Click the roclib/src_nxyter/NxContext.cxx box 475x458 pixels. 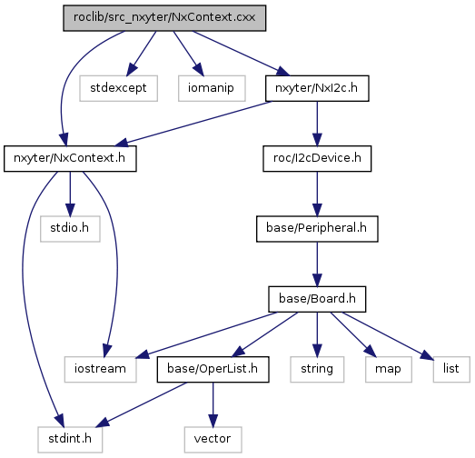164,18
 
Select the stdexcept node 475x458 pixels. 118,88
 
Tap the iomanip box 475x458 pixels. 212,88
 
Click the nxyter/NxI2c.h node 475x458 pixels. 317,88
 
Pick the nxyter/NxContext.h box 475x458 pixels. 70,158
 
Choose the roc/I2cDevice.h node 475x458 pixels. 317,158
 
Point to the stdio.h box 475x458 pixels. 70,229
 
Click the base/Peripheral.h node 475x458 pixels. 317,229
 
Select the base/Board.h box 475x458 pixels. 317,299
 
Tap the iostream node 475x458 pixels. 100,369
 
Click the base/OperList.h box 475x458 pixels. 213,369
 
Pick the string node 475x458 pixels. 317,369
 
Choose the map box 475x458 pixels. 389,369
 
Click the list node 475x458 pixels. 451,369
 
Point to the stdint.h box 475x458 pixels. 70,440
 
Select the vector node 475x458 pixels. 213,440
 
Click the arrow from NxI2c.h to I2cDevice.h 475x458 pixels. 317,124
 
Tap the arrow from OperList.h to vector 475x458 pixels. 213,404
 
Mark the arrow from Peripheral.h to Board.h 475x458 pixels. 317,264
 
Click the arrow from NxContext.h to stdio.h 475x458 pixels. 70,194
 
